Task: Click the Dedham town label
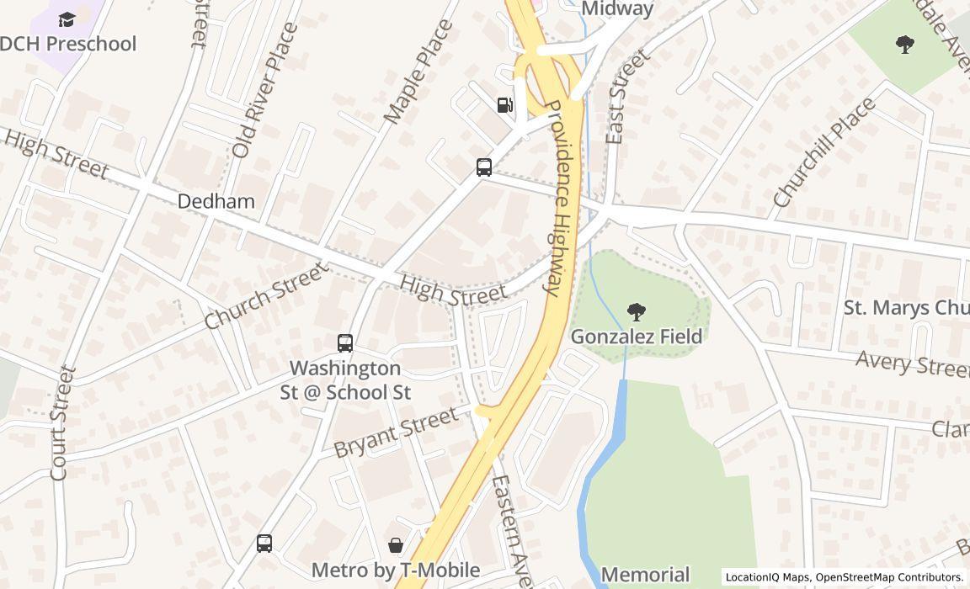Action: click(216, 201)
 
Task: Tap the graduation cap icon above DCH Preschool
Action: click(67, 19)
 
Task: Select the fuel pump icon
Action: click(504, 104)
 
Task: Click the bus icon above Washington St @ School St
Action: click(345, 342)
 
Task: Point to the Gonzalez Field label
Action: click(636, 337)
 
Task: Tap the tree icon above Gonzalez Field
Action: click(637, 312)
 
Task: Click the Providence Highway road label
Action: click(564, 198)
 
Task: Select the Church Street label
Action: click(264, 295)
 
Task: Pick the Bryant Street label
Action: click(395, 432)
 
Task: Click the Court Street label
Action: click(61, 422)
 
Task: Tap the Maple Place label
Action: click(418, 72)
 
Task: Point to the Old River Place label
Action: click(264, 91)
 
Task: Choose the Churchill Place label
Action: click(823, 153)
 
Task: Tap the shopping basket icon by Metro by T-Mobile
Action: click(396, 545)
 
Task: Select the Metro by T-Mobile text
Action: click(395, 570)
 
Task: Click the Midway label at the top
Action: click(617, 9)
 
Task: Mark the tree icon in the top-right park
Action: click(905, 44)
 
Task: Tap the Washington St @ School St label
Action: click(346, 380)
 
